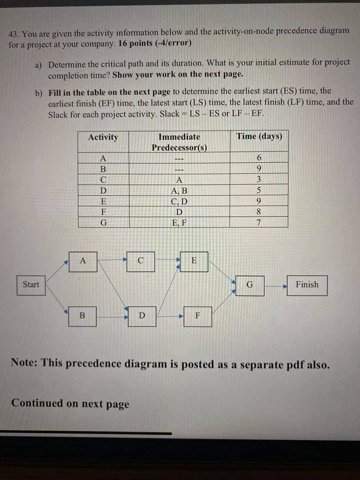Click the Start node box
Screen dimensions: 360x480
(31, 285)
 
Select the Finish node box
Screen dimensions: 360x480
(307, 285)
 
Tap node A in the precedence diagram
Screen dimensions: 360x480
(83, 261)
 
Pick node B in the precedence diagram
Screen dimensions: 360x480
(82, 316)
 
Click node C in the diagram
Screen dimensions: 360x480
(140, 261)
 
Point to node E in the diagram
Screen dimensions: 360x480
(194, 261)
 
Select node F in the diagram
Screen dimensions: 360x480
(197, 316)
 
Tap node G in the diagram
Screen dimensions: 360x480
(250, 285)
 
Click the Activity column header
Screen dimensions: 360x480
(103, 137)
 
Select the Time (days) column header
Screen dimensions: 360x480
(259, 137)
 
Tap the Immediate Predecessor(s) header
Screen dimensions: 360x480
(179, 142)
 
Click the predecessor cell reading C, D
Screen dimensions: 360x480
(179, 201)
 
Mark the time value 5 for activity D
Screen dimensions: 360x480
(259, 190)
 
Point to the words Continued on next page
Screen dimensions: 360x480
(70, 403)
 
